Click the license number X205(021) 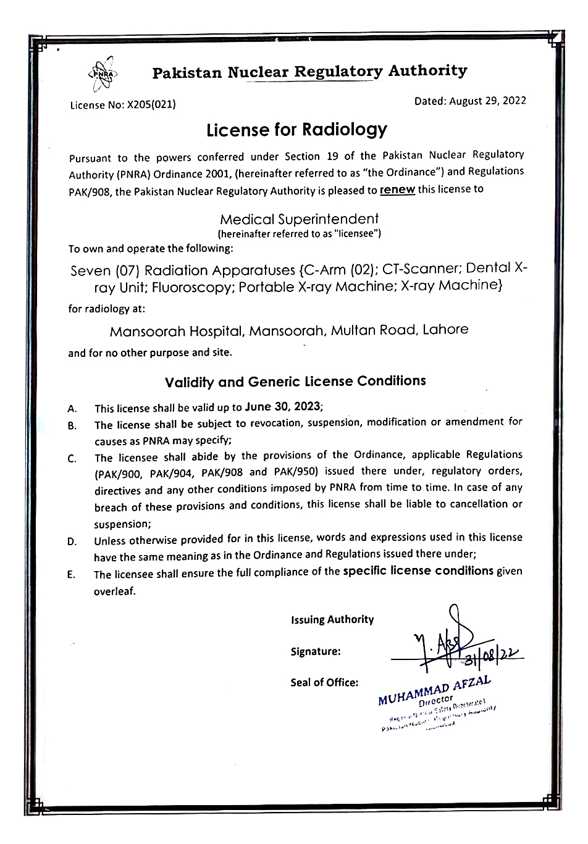coord(151,105)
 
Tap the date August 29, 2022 coord(488,101)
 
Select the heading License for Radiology coord(296,130)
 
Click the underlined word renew coord(397,190)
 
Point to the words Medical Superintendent coord(299,219)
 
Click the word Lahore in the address coord(445,330)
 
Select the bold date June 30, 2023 coord(283,406)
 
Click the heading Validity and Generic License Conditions coord(295,382)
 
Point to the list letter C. coord(72,459)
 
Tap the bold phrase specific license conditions coord(418,571)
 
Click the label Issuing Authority coord(332,619)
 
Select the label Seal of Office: coord(324,682)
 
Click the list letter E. coord(72,575)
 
